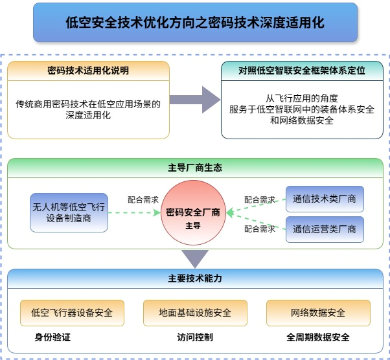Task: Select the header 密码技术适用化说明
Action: point(89,70)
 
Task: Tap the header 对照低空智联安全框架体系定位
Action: point(302,70)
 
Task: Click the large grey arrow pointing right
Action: point(196,100)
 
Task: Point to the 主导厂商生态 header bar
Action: point(195,167)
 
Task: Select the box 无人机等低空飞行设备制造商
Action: point(69,212)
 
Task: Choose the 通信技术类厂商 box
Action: point(325,199)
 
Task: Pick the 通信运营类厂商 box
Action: point(325,229)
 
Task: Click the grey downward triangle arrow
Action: point(195,258)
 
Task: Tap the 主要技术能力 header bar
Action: point(195,279)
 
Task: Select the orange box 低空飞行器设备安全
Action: point(72,313)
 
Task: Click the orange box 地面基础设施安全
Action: point(195,313)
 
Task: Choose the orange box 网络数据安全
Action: point(318,313)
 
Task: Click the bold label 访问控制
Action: point(195,337)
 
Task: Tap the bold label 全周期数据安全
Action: point(318,337)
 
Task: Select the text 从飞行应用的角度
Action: point(302,98)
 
